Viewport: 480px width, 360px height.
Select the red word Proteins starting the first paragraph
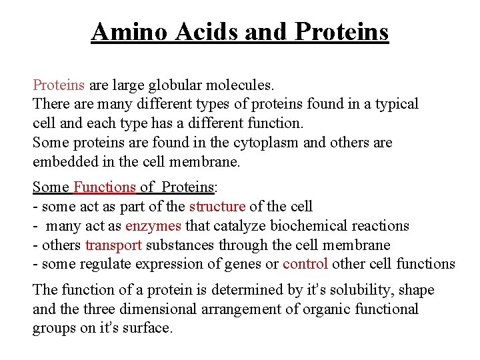59,85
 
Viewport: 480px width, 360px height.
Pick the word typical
396,104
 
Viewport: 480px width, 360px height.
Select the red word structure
217,207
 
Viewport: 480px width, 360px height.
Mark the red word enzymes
153,226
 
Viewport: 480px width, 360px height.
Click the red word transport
114,245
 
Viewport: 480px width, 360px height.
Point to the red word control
305,263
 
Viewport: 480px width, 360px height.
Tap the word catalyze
215,226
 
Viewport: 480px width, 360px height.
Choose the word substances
177,245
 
